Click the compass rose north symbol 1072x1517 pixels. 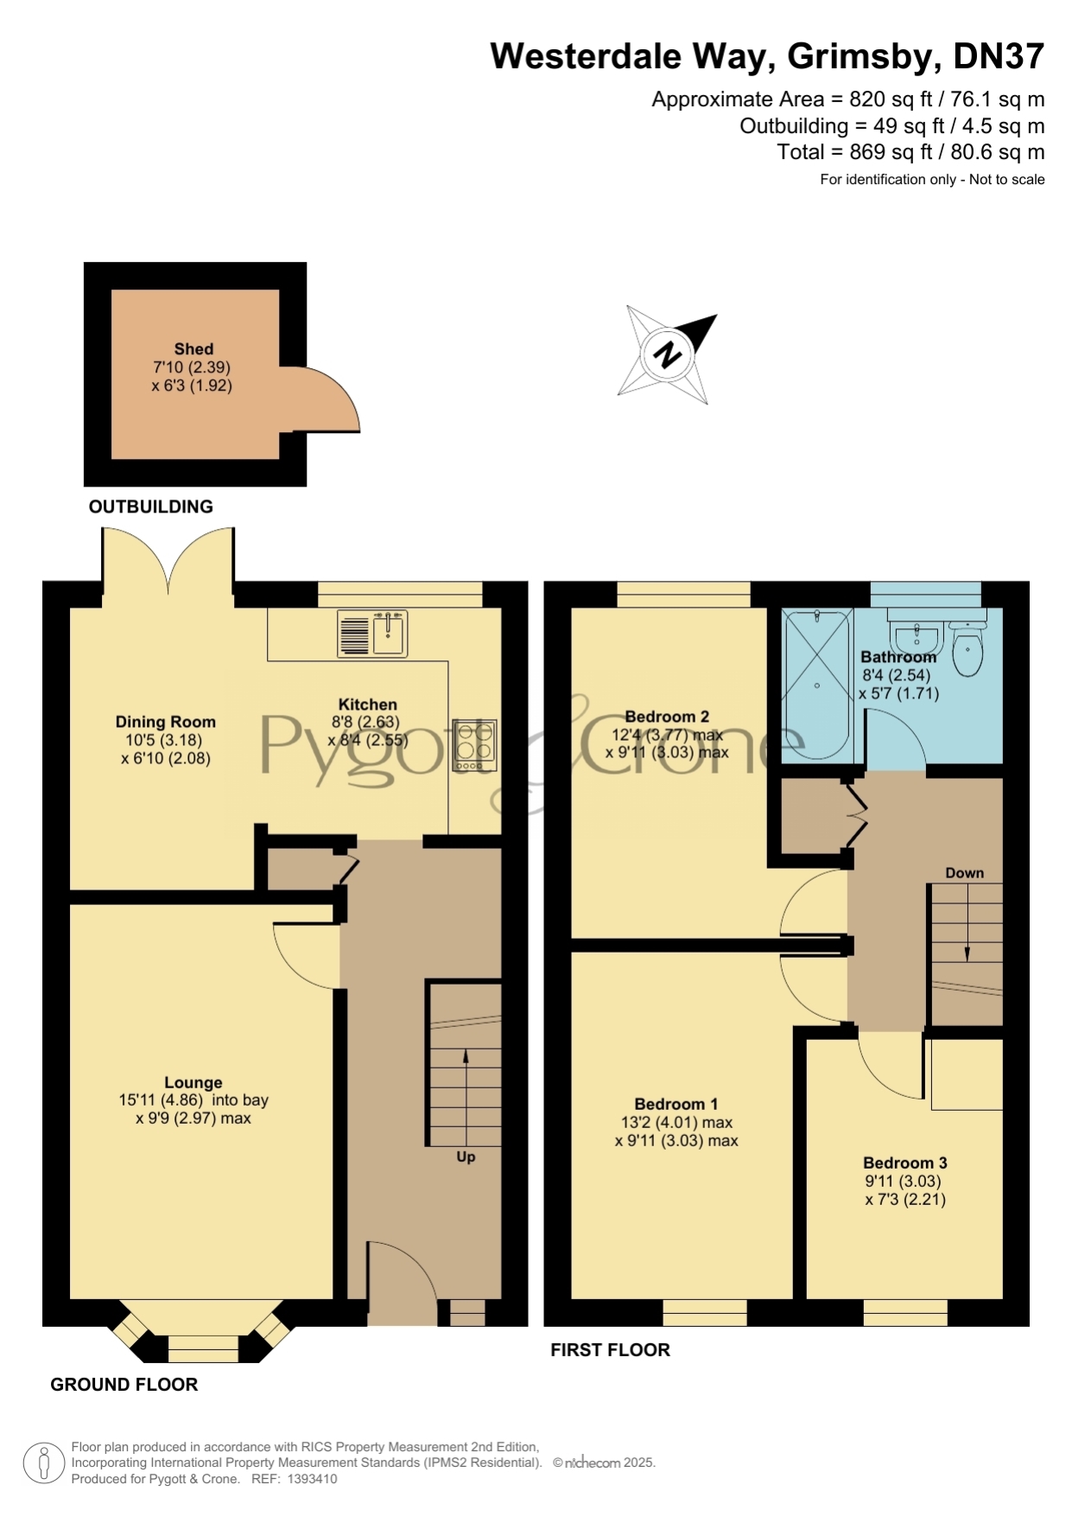pos(667,354)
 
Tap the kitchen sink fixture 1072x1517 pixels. pos(372,634)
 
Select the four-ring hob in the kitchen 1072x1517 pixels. pos(474,745)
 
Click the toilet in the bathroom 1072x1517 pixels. pos(967,648)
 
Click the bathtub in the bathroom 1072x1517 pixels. pos(817,685)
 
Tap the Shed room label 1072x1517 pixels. pos(193,349)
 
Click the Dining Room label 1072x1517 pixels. pos(166,722)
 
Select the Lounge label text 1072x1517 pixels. pos(193,1082)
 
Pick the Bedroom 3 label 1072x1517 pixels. pos(905,1163)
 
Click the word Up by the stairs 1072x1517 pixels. pos(466,1157)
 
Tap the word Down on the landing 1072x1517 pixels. pos(965,873)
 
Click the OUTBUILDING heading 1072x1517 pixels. pos(151,507)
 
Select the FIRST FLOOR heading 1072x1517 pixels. pos(611,1349)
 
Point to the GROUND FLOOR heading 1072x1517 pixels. pos(124,1384)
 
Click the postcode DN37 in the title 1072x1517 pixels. pos(999,56)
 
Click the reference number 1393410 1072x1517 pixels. pos(312,1479)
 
